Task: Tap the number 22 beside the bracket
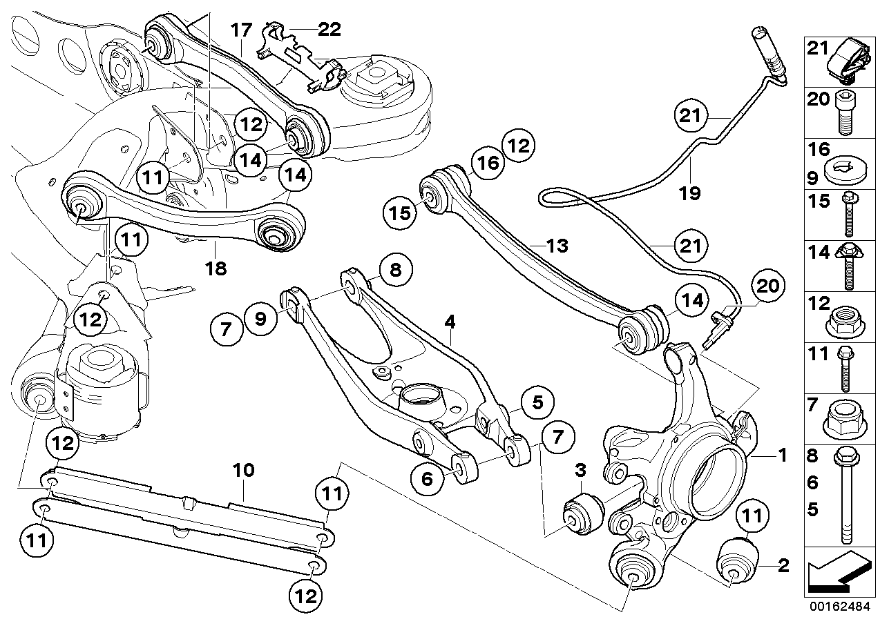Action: [x=329, y=29]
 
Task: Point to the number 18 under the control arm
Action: [x=216, y=268]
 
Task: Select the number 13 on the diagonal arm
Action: [x=557, y=245]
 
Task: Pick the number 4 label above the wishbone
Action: [x=450, y=321]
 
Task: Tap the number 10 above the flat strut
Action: [x=244, y=471]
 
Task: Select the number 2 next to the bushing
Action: [x=783, y=567]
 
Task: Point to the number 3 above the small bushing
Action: [x=580, y=471]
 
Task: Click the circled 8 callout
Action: [x=394, y=269]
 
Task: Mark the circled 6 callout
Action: [x=426, y=478]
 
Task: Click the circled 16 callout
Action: [x=487, y=163]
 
